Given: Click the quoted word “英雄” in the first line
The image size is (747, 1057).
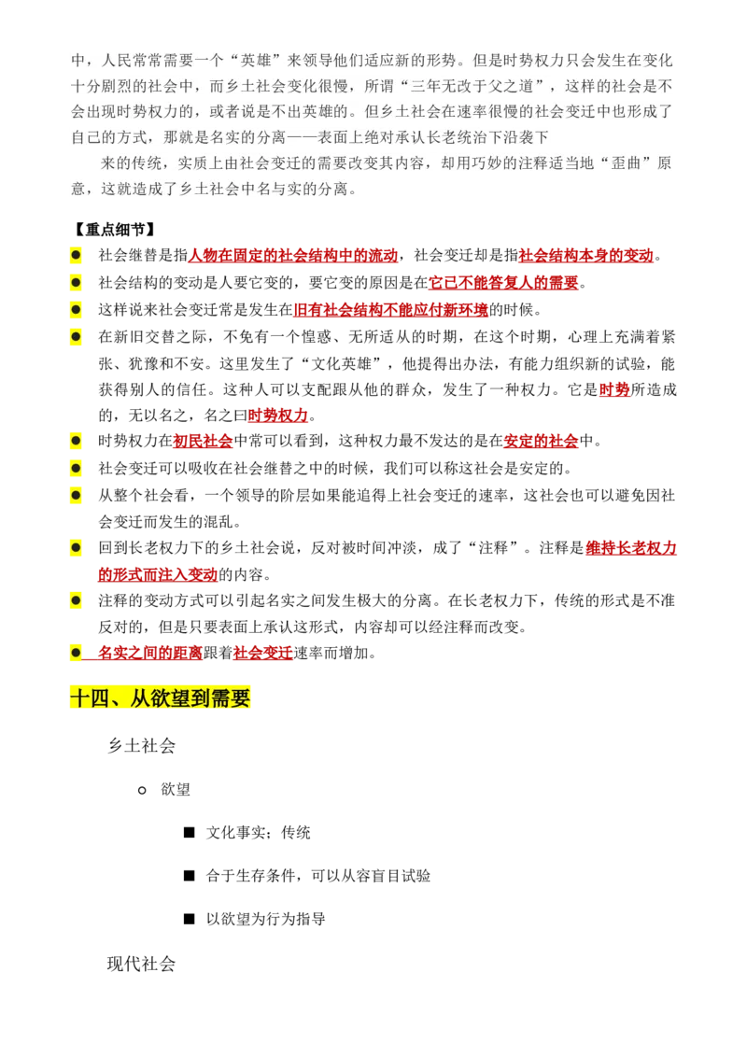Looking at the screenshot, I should (x=259, y=61).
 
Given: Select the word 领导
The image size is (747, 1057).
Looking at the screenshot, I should (x=333, y=61).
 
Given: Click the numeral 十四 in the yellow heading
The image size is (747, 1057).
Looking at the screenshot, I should (x=90, y=697).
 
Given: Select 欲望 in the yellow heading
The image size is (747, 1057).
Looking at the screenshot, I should (x=158, y=697).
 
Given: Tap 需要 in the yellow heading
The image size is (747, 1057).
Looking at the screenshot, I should (x=230, y=697).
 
